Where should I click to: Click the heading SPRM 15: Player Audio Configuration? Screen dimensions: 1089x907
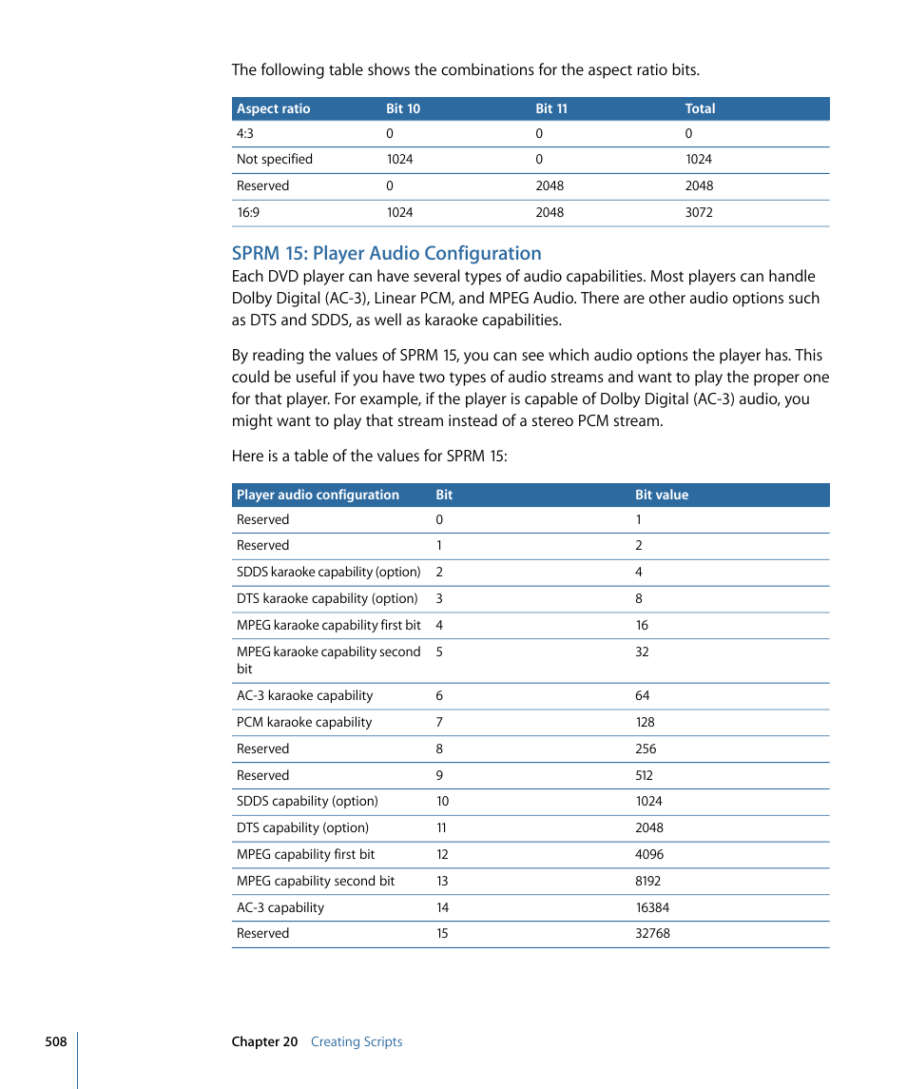click(386, 253)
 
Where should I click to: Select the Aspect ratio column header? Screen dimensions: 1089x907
click(273, 108)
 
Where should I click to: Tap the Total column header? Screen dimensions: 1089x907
click(700, 108)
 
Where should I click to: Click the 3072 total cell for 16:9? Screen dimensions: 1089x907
click(698, 212)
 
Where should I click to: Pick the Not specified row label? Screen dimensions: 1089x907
click(274, 159)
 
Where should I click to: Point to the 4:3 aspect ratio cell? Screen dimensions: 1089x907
click(244, 133)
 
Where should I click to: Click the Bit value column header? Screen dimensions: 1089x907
click(662, 495)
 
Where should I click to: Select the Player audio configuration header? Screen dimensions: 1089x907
click(318, 495)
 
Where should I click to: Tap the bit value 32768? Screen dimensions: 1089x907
click(652, 933)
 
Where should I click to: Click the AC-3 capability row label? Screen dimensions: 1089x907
click(280, 907)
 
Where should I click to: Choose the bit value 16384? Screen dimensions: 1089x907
click(652, 907)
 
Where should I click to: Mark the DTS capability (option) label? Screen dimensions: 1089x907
click(302, 827)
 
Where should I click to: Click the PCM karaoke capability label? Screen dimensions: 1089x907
click(303, 722)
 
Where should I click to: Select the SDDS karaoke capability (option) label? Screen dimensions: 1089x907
click(328, 572)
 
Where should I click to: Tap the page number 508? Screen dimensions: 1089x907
click(55, 1041)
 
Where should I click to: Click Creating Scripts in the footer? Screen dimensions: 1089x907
click(357, 1041)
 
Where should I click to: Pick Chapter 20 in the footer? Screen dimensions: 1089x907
click(264, 1041)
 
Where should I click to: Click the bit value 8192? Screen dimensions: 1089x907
click(647, 881)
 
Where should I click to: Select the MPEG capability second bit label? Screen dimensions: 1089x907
click(315, 881)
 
